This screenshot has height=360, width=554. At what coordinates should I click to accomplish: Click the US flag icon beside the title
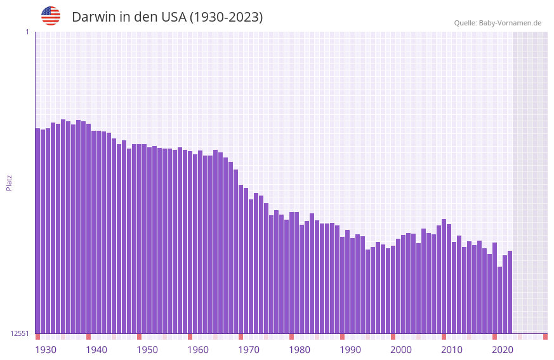click(51, 16)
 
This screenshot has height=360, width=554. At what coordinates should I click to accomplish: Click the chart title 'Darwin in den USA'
click(167, 17)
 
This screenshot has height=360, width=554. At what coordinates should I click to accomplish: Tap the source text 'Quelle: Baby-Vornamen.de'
click(498, 23)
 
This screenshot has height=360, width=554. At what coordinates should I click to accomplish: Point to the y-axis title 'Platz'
click(9, 182)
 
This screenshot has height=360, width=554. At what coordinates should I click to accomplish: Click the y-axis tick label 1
click(27, 32)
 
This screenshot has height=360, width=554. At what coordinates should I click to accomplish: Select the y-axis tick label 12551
click(20, 333)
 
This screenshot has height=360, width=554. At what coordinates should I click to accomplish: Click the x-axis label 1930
click(46, 350)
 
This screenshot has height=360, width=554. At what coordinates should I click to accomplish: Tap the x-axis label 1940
click(96, 350)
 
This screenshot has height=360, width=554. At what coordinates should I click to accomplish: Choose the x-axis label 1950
click(147, 350)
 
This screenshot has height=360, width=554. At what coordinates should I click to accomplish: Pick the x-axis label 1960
click(198, 350)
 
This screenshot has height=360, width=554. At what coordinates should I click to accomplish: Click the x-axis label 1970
click(249, 350)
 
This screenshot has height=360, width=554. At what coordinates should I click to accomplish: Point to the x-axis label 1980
click(300, 350)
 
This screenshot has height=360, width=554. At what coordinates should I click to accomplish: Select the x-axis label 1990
click(350, 350)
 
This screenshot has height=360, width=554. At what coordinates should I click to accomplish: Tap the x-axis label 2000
click(401, 350)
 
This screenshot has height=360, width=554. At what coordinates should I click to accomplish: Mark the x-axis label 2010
click(452, 350)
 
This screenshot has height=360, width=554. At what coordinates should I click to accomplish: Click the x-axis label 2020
click(503, 350)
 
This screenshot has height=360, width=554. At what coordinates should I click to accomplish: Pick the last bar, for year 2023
click(510, 292)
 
